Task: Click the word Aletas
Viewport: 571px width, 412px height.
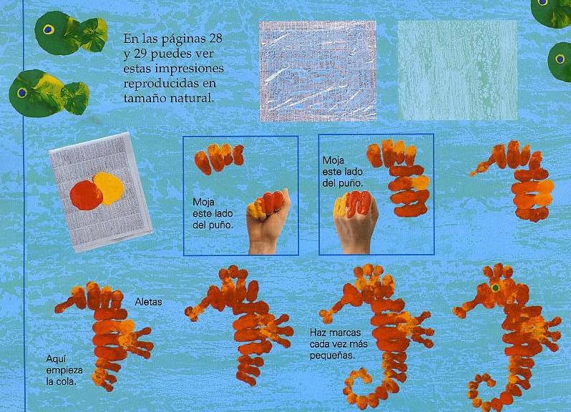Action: click(x=148, y=302)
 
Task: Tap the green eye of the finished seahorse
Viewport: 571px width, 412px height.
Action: click(x=495, y=288)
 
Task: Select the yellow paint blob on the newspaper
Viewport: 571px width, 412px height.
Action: click(x=109, y=189)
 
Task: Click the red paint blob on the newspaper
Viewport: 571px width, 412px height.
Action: click(x=86, y=195)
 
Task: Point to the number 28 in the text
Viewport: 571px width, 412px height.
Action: click(x=214, y=39)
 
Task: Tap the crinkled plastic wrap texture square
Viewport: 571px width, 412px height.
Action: click(x=318, y=71)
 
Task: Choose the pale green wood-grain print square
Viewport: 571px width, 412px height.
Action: click(x=457, y=70)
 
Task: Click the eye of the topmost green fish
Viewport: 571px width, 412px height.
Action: click(x=49, y=29)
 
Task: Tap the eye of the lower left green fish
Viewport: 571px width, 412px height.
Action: click(x=22, y=93)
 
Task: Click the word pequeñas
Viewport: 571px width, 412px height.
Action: click(x=332, y=355)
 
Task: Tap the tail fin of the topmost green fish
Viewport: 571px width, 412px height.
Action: click(x=93, y=34)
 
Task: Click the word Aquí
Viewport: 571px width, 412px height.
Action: click(x=56, y=359)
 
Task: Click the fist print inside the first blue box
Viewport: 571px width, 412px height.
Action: click(x=219, y=158)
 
